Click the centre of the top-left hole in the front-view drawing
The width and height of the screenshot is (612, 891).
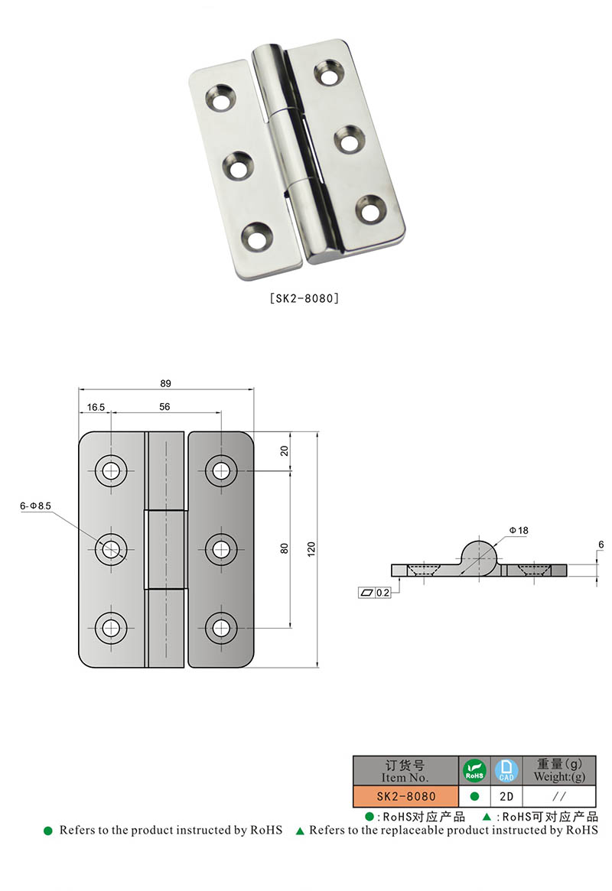112,470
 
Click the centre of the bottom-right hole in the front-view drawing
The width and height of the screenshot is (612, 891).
222,629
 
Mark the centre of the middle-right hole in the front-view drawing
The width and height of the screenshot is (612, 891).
222,549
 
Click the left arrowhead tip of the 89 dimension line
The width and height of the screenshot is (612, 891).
79,390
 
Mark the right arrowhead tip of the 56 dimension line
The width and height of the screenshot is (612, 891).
222,413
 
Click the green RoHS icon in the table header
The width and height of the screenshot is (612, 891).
474,770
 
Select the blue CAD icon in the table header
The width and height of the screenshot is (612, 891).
506,770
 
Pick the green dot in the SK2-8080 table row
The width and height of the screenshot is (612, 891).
474,797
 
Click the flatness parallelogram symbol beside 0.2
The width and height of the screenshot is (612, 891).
366,593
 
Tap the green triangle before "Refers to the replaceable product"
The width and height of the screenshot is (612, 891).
300,831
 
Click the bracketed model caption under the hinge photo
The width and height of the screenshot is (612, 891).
304,298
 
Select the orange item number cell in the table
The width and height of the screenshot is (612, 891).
405,797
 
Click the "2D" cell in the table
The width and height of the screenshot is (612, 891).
506,797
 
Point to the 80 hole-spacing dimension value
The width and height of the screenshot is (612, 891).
284,548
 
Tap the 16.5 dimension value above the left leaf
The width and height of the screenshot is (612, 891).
96,407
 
